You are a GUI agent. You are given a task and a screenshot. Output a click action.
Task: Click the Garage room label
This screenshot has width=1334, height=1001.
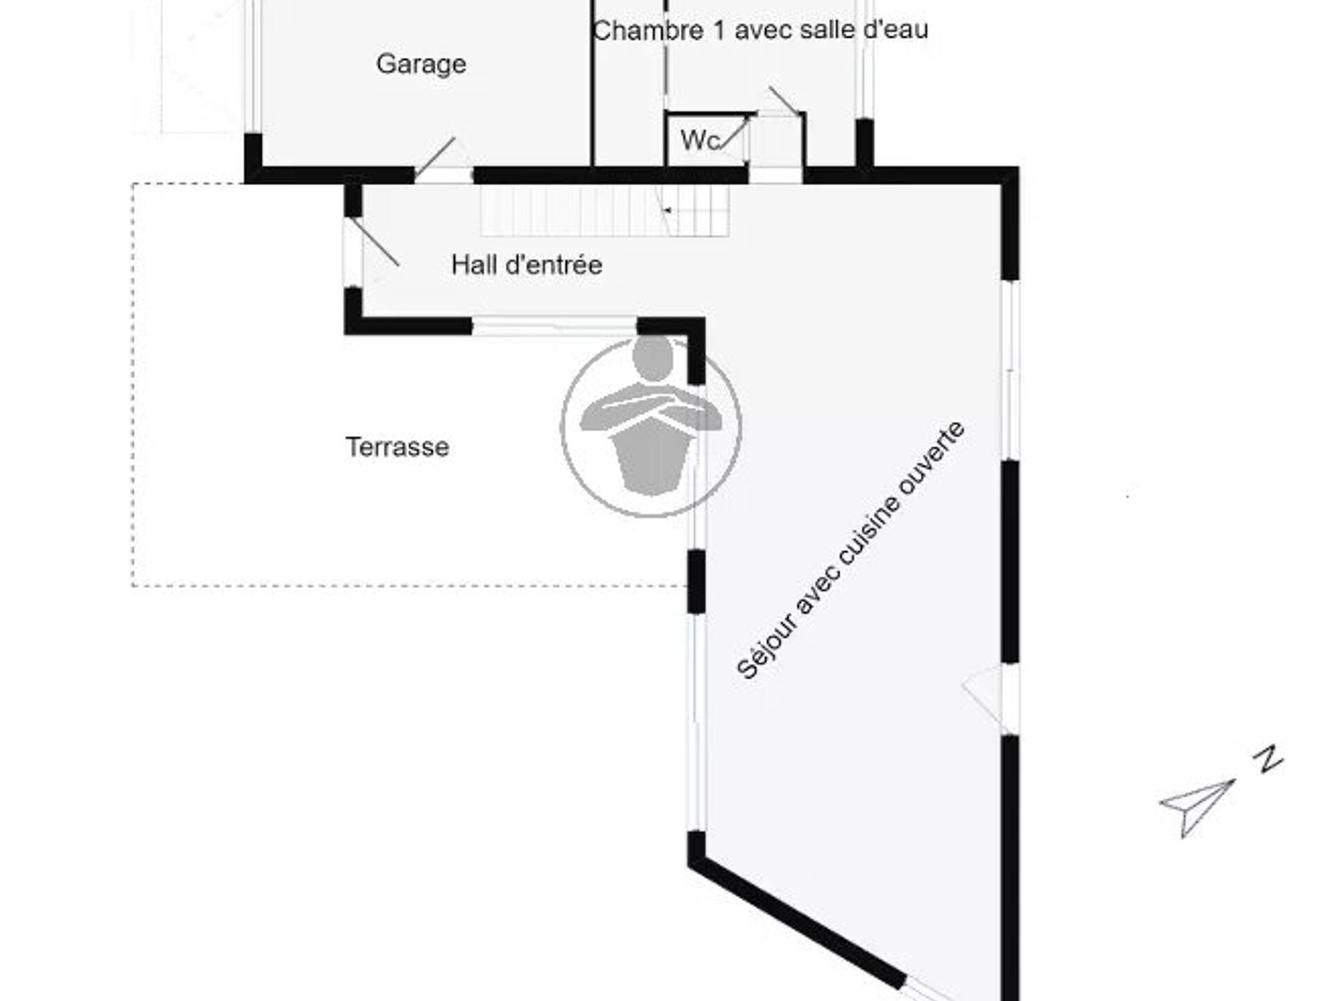[421, 65]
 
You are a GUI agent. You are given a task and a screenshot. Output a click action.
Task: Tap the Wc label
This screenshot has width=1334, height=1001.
[700, 140]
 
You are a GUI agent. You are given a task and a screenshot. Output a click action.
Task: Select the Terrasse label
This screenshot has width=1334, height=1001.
[397, 447]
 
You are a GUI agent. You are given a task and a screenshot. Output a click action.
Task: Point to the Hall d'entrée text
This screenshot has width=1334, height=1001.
[527, 265]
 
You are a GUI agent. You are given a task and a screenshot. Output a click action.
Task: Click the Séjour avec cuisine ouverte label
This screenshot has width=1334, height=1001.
[850, 549]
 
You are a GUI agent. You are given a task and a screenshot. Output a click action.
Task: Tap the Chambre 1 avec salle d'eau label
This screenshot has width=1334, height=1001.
[761, 30]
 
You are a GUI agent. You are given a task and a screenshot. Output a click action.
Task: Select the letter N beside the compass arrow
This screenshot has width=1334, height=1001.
[1271, 759]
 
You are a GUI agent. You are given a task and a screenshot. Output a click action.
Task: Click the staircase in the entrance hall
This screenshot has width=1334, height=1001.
[605, 210]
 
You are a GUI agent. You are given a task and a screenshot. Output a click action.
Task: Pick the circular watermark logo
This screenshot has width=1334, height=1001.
[651, 426]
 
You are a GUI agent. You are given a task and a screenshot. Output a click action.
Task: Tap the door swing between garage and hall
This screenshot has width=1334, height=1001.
[435, 157]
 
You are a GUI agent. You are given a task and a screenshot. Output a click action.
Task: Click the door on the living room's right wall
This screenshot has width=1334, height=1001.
[987, 699]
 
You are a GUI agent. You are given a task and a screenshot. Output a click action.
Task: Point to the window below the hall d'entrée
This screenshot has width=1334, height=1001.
[554, 326]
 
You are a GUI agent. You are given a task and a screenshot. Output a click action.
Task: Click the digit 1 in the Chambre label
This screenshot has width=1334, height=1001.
[718, 30]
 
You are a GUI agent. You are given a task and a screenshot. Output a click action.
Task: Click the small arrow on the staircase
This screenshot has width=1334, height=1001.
[667, 209]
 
